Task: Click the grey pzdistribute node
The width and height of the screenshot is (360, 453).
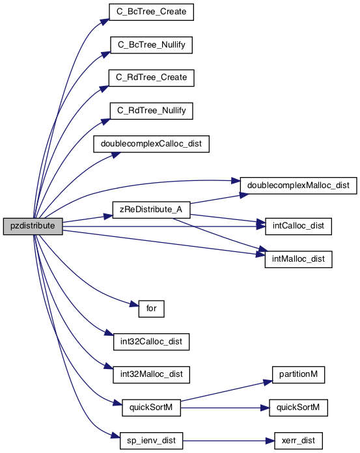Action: (x=33, y=226)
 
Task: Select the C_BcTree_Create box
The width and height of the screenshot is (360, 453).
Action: (x=151, y=12)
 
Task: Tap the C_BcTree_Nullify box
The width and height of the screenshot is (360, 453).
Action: (x=151, y=45)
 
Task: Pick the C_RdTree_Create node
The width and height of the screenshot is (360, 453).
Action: (x=152, y=77)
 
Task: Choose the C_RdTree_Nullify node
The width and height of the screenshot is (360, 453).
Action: (x=152, y=111)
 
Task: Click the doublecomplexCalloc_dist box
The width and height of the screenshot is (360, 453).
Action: (x=151, y=144)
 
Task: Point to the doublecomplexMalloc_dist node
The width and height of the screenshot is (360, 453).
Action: (x=298, y=185)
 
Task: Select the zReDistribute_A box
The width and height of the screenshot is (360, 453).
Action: (x=151, y=210)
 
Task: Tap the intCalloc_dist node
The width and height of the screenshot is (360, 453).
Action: (x=298, y=226)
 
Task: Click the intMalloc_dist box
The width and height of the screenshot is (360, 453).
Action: (x=298, y=260)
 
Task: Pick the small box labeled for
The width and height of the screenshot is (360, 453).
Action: (x=152, y=309)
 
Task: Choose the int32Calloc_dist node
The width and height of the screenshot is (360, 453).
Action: (x=152, y=342)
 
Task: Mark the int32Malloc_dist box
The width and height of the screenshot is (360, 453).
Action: (x=152, y=375)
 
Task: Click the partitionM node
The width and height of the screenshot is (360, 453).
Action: (x=298, y=375)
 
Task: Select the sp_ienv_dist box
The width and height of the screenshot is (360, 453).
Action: (x=151, y=441)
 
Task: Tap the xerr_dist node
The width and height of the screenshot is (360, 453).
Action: (x=298, y=441)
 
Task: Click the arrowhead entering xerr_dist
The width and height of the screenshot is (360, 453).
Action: (x=270, y=441)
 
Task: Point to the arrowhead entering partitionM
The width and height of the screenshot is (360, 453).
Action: (x=268, y=382)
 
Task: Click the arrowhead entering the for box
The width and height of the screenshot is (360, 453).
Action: (x=134, y=304)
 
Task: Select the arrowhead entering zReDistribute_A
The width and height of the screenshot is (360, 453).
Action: (x=108, y=216)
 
